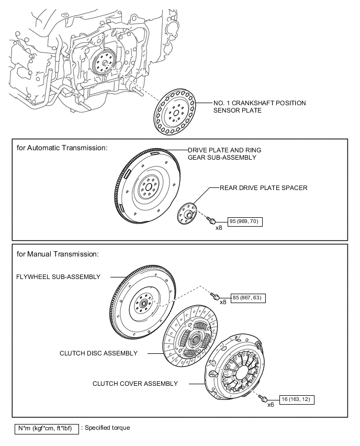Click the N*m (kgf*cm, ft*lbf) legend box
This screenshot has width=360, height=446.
(46, 428)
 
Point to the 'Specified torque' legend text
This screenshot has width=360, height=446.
(107, 428)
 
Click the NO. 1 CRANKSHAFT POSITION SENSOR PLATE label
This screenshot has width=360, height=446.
(260, 107)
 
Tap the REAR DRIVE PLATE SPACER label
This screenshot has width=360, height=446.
(263, 187)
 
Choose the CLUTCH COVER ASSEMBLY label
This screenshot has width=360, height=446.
(135, 384)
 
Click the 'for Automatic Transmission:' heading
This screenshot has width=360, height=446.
(62, 148)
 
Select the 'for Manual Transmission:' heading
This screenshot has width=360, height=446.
(58, 254)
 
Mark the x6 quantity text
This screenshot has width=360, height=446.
(271, 405)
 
